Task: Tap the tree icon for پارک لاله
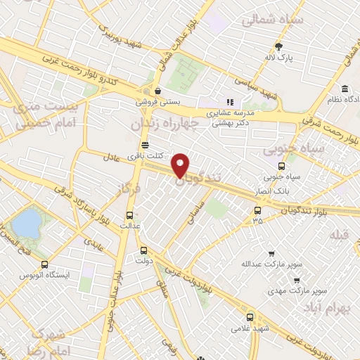pos(279,46)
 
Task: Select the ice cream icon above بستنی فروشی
pos(158,90)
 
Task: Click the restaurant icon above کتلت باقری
pos(145,144)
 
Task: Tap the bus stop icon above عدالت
pos(129,215)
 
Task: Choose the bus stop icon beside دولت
pos(144,250)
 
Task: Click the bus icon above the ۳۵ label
pos(257,210)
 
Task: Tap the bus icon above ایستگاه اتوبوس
pos(46,264)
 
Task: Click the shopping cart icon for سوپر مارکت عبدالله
pos(271,254)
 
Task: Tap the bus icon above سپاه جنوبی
pos(281,167)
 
